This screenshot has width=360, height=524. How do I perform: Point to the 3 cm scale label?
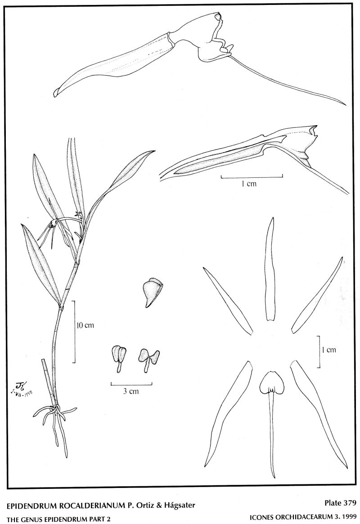(131, 391)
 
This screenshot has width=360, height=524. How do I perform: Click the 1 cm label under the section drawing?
(249, 183)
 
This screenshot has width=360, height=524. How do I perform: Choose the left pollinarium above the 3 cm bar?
(119, 358)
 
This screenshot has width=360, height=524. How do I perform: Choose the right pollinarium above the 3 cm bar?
(148, 360)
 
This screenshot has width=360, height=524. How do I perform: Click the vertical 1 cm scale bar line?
(319, 352)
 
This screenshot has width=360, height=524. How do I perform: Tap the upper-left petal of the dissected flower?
(227, 300)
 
